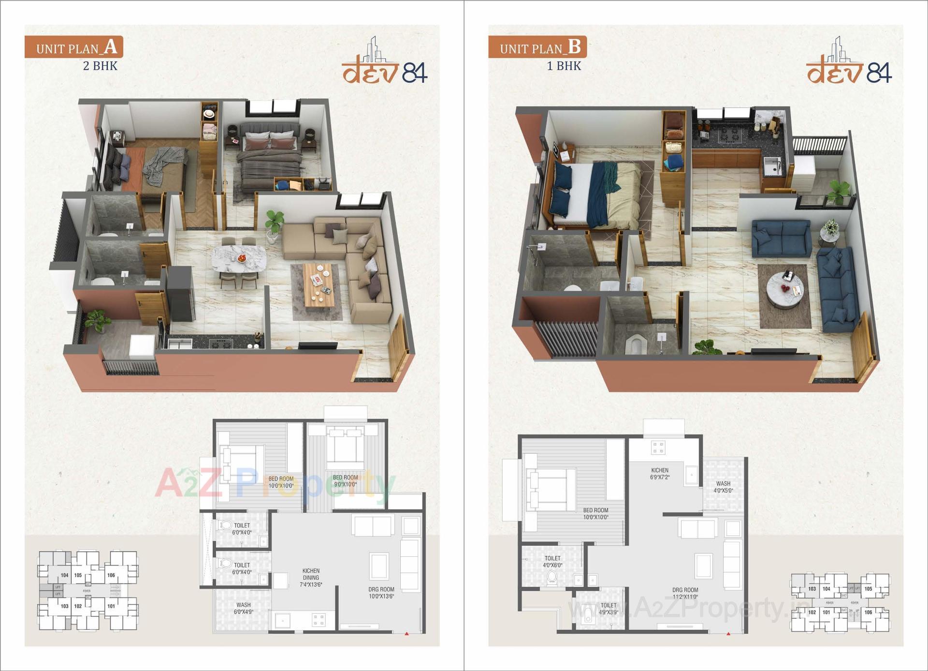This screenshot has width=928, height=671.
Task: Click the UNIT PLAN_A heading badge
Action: pos(74,47)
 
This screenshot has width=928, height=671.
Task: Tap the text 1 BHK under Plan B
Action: pos(564,66)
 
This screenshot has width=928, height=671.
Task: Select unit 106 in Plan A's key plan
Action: pos(111,575)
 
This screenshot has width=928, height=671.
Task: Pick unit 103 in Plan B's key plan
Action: pos(812,589)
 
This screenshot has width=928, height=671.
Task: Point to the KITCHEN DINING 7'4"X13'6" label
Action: pos(311,578)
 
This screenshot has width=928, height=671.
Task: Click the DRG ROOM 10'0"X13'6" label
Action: pos(381,593)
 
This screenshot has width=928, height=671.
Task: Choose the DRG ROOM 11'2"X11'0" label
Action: pos(685,593)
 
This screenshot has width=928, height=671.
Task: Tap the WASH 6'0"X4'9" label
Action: pos(243,608)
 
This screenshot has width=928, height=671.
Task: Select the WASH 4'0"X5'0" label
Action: pos(723,487)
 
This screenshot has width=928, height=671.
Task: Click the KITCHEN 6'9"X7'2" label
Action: pos(660,474)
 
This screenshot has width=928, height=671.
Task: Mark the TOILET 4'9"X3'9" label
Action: pos(609,608)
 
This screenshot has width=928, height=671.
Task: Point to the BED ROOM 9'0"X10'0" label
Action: pos(345,481)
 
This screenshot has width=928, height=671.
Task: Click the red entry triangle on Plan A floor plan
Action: pos(406,633)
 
